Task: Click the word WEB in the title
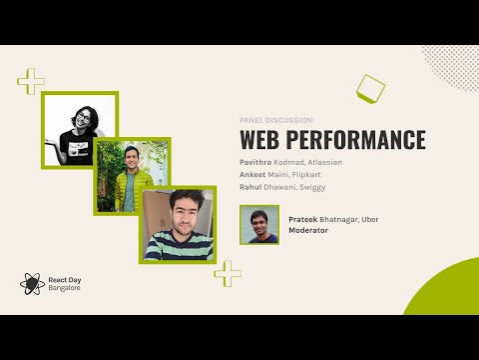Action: (x=263, y=140)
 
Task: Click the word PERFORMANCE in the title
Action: (x=357, y=140)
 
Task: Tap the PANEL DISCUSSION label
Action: (x=276, y=120)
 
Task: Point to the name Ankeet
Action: (x=255, y=173)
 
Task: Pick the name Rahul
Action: (x=253, y=186)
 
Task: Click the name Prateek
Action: (x=303, y=218)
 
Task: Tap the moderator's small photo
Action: (x=259, y=225)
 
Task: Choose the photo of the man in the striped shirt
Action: (x=178, y=225)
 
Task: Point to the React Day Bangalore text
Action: (x=65, y=283)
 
